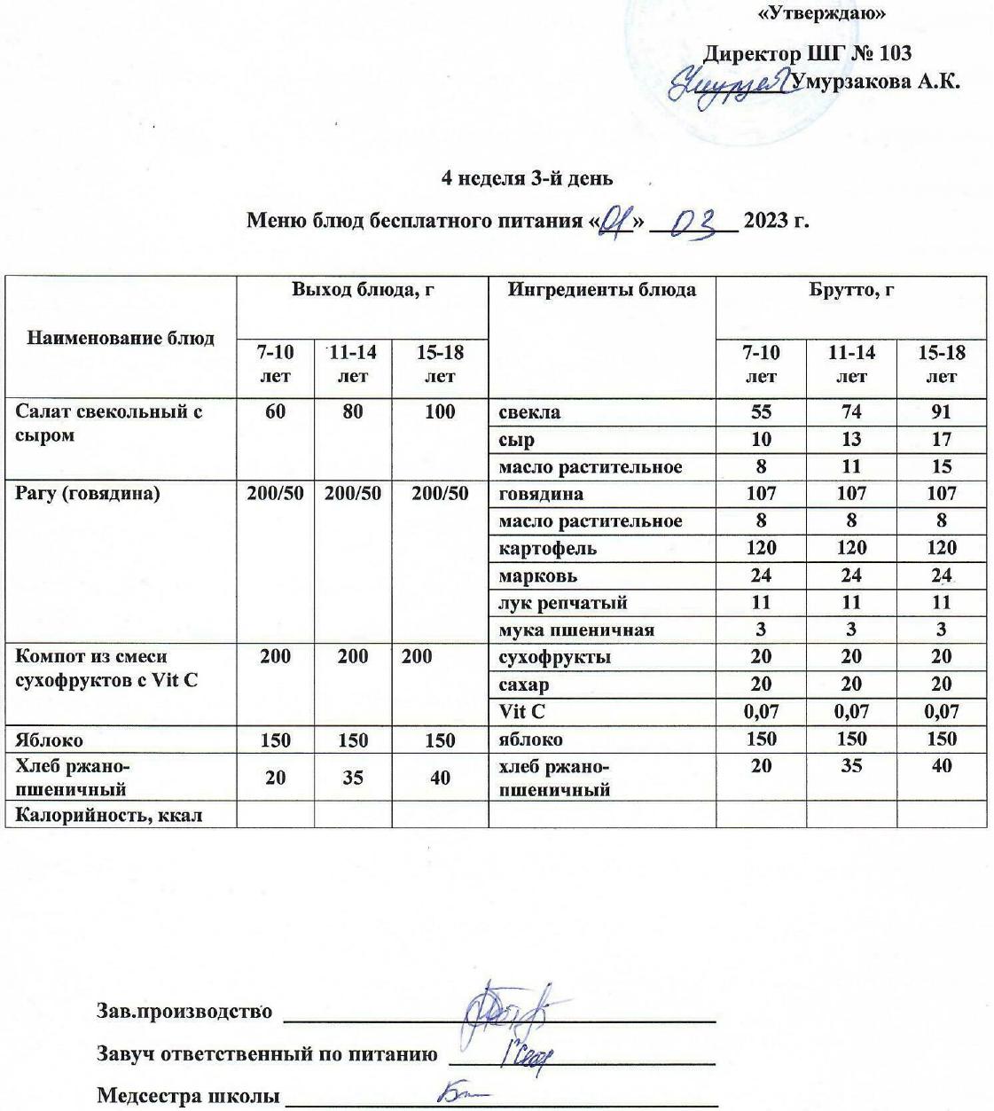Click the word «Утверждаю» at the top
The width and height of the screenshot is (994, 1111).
point(823,14)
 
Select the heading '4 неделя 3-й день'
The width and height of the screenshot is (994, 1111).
point(527,178)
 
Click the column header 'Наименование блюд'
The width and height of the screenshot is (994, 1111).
point(121,338)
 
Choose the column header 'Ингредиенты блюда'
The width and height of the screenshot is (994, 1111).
point(601,290)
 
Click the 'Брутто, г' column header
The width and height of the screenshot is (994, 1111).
point(850,290)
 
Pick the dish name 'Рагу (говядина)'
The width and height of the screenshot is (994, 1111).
point(88,494)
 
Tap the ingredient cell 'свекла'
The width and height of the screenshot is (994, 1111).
point(529,412)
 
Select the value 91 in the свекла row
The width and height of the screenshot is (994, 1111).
point(941,412)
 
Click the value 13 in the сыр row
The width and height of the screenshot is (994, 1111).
point(850,440)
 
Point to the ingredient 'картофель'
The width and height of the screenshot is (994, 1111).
point(547,549)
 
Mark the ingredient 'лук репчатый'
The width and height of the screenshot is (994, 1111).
point(563,603)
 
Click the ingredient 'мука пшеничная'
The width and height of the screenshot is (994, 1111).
point(576,630)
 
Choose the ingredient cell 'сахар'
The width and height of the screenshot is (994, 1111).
point(524,685)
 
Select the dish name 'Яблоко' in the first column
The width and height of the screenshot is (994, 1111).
point(50,739)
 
